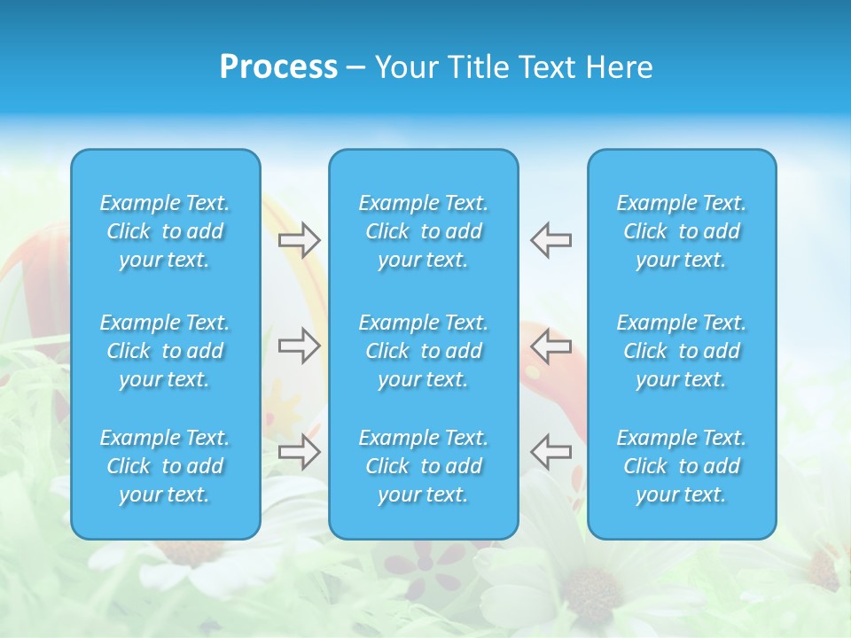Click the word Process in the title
coord(278,67)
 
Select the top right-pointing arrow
coord(300,239)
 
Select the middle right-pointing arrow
coord(300,346)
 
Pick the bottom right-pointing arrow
coord(300,451)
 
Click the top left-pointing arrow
coord(550,239)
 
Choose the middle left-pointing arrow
coord(550,346)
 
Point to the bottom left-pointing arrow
coord(550,451)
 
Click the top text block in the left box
coord(165,231)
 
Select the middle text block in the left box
coord(165,351)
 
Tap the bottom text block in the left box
coord(165,466)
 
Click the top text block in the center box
coord(424,231)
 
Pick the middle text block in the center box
coord(424,351)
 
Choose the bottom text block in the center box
coord(424,466)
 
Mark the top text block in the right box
coord(682,231)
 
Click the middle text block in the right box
coord(682,351)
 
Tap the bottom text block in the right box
coord(682,466)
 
